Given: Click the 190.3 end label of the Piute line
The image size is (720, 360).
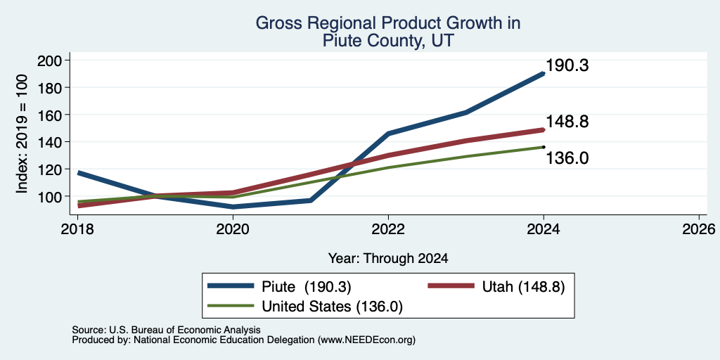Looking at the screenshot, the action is tap(567, 65).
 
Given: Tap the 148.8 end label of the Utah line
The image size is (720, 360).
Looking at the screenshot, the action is tap(567, 122).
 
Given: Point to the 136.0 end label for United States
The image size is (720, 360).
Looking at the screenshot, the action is tap(567, 158).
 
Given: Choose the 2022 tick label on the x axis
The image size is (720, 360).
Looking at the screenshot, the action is tap(388, 229).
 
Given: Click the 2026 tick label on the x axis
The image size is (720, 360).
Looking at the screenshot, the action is tap(698, 229).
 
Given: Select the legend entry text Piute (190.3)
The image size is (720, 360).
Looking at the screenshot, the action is tap(307, 287).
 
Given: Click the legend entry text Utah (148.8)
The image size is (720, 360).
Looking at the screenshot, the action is tap(523, 287).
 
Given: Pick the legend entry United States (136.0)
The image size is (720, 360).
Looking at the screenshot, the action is tap(332, 307).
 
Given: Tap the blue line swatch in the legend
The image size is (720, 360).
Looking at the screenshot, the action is tap(231, 286).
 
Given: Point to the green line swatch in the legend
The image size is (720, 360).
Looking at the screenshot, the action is tap(231, 305).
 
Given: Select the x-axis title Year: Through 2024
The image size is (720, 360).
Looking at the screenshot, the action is tap(388, 259).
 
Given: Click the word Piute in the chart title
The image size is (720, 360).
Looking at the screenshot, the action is tap(341, 41).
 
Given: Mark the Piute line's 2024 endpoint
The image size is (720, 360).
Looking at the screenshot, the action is tap(544, 73).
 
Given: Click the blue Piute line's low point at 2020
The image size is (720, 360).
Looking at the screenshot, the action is tap(233, 207).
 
